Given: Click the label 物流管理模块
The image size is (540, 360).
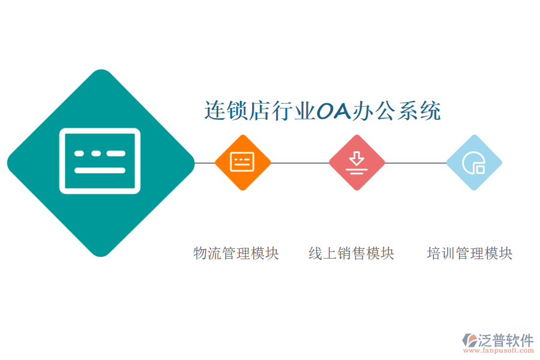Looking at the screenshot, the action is pyautogui.click(x=236, y=253).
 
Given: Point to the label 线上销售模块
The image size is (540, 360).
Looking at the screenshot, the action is pyautogui.click(x=351, y=253).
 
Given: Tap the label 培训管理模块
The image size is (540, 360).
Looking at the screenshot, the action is pyautogui.click(x=470, y=253).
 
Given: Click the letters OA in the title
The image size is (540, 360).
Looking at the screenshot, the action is pyautogui.click(x=333, y=111).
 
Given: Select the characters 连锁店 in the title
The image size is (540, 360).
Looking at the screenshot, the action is pyautogui.click(x=238, y=110).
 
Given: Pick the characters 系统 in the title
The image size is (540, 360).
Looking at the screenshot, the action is pyautogui.click(x=419, y=110).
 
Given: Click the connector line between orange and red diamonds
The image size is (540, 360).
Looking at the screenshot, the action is pyautogui.click(x=300, y=163).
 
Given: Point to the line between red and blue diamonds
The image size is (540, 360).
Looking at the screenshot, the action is pyautogui.click(x=416, y=163).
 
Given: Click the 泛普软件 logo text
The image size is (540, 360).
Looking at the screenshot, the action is pyautogui.click(x=506, y=340).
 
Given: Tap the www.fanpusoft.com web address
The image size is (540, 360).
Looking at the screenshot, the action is pyautogui.click(x=498, y=350).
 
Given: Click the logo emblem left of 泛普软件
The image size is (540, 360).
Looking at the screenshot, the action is pyautogui.click(x=469, y=340).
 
